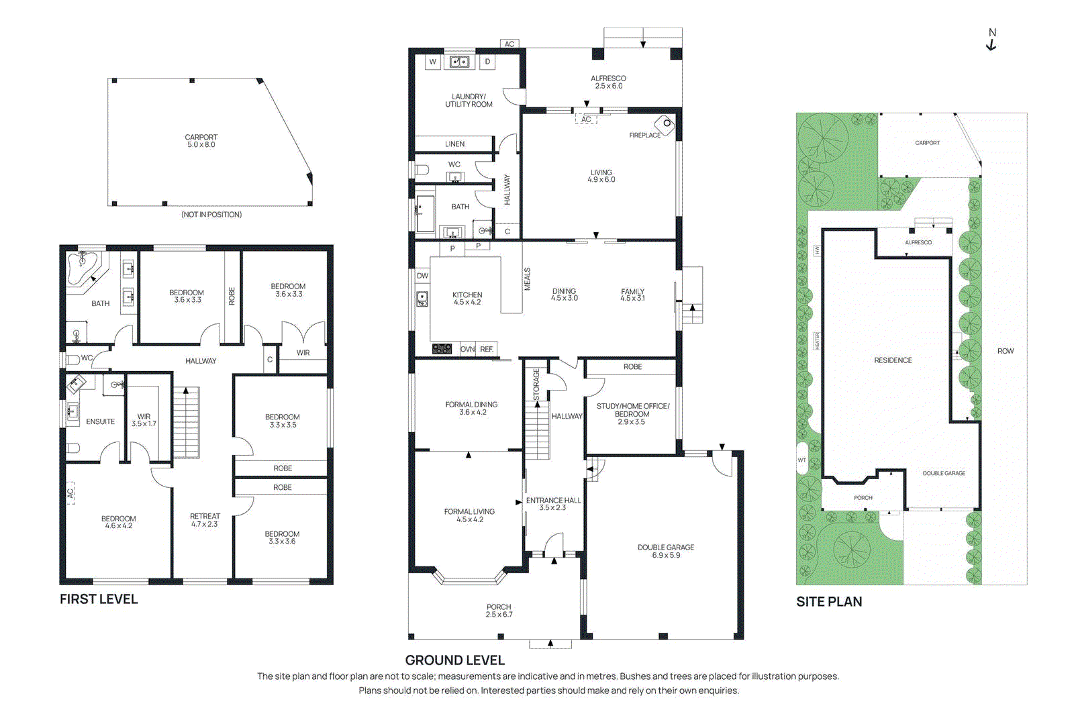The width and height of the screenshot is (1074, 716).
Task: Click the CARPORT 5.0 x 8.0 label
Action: pyautogui.click(x=201, y=141)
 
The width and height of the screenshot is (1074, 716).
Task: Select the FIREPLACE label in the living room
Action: pyautogui.click(x=644, y=136)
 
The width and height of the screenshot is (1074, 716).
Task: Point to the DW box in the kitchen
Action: pyautogui.click(x=422, y=276)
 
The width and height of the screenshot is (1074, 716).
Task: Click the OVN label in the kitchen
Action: pyautogui.click(x=468, y=349)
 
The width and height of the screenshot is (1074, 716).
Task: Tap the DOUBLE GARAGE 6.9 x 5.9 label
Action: pyautogui.click(x=666, y=551)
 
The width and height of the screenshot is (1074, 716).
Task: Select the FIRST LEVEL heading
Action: pyautogui.click(x=99, y=599)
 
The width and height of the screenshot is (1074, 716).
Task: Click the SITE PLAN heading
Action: pyautogui.click(x=829, y=602)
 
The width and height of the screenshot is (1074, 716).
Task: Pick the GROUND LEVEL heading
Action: pyautogui.click(x=454, y=660)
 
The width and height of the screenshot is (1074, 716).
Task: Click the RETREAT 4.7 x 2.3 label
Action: pyautogui.click(x=205, y=520)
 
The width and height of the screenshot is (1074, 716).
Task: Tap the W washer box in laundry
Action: pyautogui.click(x=433, y=62)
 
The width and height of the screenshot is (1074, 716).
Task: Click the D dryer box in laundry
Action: pyautogui.click(x=487, y=62)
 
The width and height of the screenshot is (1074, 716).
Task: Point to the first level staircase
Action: pyautogui.click(x=186, y=423)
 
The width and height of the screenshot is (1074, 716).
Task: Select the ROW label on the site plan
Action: pyautogui.click(x=1005, y=351)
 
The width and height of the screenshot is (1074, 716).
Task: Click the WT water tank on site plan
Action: pyautogui.click(x=801, y=459)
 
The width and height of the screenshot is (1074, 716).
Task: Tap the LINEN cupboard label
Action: pyautogui.click(x=454, y=144)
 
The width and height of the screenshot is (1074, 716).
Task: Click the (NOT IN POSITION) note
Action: pyautogui.click(x=211, y=215)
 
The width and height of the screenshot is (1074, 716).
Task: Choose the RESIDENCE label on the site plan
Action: pyautogui.click(x=893, y=360)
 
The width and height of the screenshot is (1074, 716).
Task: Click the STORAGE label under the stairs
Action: pyautogui.click(x=536, y=385)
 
